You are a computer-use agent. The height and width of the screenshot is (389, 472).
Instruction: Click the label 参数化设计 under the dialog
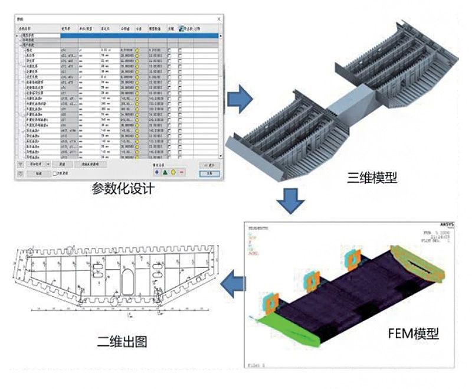pos(123,189)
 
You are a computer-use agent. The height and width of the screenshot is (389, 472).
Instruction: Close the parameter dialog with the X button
pos(219,19)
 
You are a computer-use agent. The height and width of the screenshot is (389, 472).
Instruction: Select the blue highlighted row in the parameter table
pos(118,36)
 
